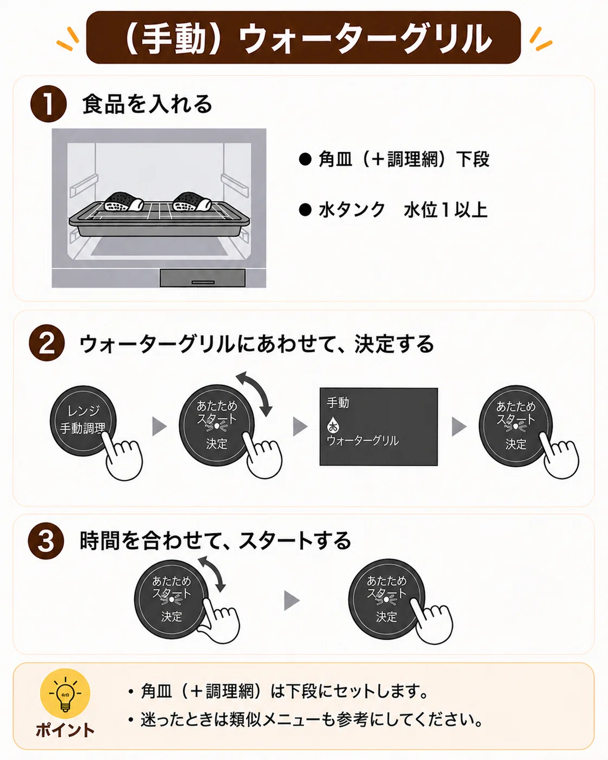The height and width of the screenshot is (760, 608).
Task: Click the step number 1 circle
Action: (48, 104)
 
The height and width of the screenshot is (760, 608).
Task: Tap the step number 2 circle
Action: (47, 343)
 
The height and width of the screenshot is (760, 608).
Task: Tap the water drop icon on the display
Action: (332, 425)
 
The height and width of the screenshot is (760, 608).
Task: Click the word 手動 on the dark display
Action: (338, 402)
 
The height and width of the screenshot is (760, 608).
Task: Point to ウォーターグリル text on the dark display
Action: (363, 441)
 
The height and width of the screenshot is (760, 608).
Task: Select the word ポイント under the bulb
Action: (65, 730)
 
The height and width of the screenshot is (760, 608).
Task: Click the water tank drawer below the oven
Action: (202, 278)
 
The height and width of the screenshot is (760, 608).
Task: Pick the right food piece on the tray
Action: (192, 202)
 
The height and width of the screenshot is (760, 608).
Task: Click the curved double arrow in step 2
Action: (255, 393)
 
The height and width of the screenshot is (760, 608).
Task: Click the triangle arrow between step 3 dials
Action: (292, 601)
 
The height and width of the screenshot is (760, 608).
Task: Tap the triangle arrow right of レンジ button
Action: (159, 426)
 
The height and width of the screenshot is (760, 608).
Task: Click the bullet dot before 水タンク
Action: (305, 210)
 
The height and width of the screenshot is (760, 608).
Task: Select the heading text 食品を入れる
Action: (147, 104)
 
